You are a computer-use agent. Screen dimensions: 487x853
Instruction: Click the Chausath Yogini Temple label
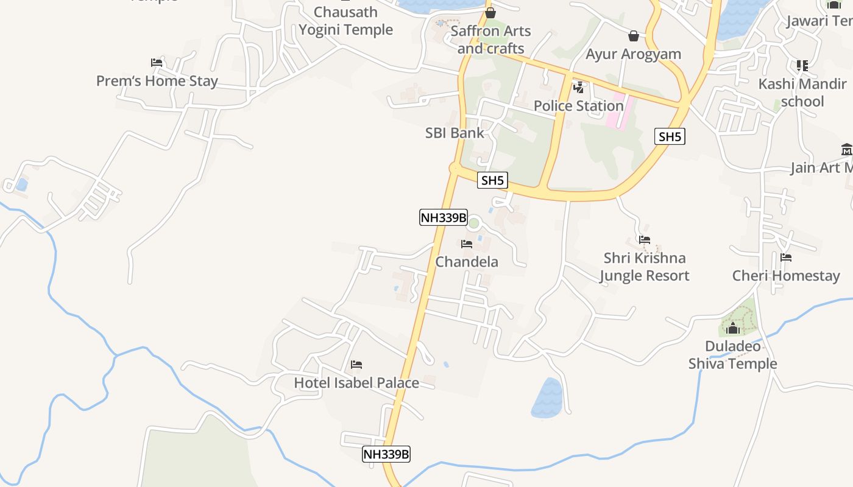tap(345, 21)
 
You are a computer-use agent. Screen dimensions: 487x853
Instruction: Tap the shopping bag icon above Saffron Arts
tap(490, 13)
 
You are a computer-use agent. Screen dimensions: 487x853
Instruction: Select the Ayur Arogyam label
tap(633, 54)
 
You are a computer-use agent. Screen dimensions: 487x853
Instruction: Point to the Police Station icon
tap(579, 88)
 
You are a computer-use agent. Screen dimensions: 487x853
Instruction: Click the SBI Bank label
tap(455, 133)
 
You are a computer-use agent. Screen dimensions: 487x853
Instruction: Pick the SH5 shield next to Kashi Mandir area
tap(670, 136)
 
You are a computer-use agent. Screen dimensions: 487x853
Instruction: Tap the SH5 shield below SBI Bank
tap(493, 180)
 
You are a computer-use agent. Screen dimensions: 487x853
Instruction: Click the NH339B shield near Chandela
tap(443, 217)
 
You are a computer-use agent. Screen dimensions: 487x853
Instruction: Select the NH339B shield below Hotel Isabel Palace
tap(386, 454)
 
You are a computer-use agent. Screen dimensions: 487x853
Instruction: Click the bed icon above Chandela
tap(467, 244)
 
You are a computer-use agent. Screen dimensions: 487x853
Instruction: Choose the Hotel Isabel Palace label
tap(356, 383)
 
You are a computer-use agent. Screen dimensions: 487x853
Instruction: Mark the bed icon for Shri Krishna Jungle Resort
tap(645, 240)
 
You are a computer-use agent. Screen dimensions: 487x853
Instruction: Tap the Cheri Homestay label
tap(786, 276)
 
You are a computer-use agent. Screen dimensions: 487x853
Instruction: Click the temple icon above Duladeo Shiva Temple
tap(733, 329)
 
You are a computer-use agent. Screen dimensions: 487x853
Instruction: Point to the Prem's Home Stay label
tap(157, 81)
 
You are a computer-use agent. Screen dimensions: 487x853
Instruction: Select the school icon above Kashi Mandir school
tap(802, 65)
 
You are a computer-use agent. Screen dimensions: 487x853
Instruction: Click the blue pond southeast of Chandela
tap(547, 398)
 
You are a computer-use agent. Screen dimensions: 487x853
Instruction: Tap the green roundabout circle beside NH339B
tap(474, 223)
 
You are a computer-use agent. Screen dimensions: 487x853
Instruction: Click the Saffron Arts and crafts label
tap(490, 40)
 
